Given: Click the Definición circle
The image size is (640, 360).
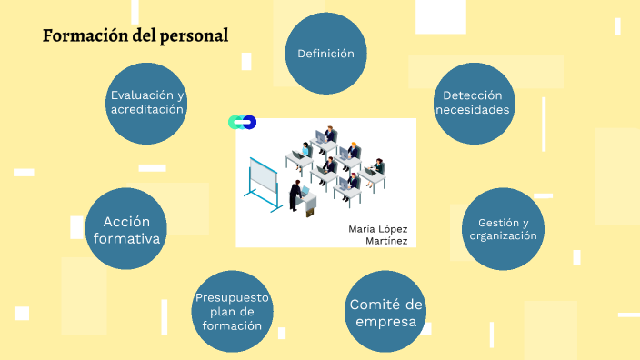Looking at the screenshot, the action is click(325, 54).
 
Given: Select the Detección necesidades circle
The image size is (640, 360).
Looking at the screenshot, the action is click(472, 103).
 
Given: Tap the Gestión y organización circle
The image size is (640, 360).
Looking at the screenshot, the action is click(503, 229).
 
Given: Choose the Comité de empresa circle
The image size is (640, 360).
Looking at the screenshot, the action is click(386, 313).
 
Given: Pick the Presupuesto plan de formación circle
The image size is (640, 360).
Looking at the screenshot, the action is click(233, 312).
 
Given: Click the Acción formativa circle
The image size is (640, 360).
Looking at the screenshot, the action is click(126, 230).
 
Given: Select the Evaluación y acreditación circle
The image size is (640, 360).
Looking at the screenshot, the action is click(147, 103).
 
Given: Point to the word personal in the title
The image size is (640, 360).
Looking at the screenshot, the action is click(195, 35).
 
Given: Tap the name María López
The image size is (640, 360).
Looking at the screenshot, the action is click(377, 228).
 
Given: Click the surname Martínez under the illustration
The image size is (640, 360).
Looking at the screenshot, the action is click(386, 240).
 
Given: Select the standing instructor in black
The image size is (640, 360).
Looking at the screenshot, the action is click(295, 195).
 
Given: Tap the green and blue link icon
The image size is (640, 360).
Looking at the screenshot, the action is click(242, 122).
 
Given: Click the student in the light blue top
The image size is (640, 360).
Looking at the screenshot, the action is click(306, 151).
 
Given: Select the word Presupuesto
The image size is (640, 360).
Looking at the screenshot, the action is click(233, 297).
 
